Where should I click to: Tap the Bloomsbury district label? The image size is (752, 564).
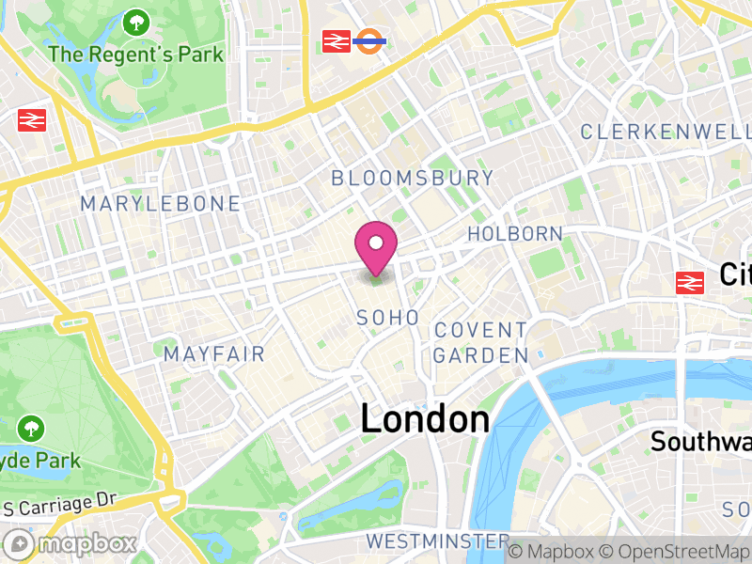coord(412,178)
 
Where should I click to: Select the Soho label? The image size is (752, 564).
coord(387,319)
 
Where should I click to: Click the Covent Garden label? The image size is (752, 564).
coord(480,343)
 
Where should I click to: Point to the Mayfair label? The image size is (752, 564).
coord(214,354)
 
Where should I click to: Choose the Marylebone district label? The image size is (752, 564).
coord(160,204)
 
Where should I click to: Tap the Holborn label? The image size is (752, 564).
coord(515,234)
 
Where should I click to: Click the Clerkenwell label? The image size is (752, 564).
coord(666,132)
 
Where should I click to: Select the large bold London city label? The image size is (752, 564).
coord(425,419)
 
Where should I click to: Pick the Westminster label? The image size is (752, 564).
coord(437,541)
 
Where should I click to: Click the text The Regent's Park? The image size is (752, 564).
coord(136,54)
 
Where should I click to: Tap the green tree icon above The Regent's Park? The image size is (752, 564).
coord(137,21)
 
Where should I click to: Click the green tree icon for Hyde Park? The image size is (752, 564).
coord(31,429)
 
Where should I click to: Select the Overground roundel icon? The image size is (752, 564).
coord(370,40)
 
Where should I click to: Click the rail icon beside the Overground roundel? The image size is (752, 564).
coord(337,40)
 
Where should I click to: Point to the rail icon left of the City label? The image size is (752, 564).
coord(690,281)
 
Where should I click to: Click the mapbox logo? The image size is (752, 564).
coord(70,543)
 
